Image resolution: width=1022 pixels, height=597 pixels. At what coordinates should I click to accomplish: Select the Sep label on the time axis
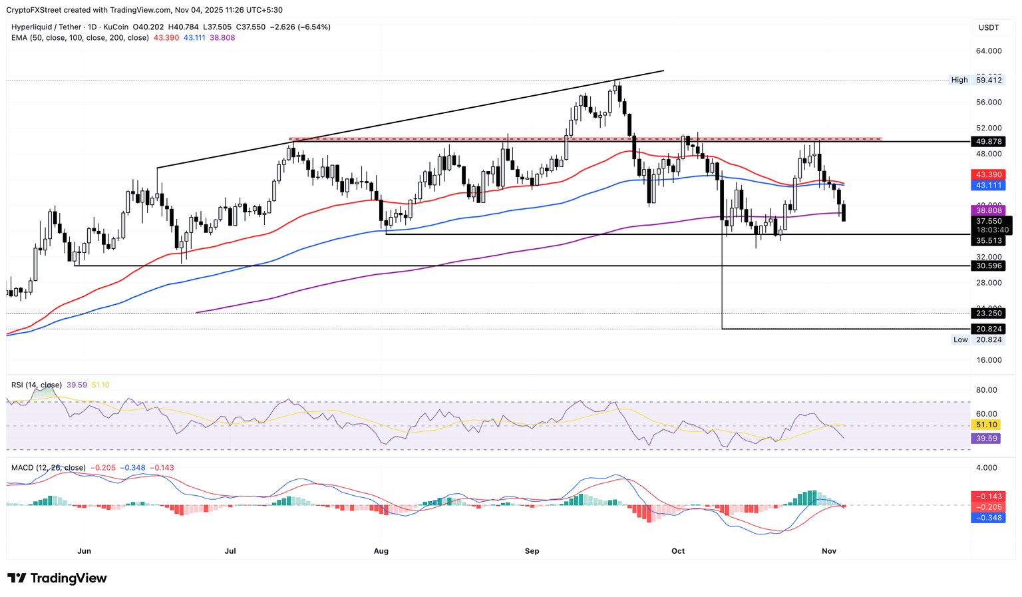click(x=532, y=551)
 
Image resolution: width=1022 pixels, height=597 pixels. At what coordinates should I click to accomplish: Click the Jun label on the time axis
click(x=84, y=551)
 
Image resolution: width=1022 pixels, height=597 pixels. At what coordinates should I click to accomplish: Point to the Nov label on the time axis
click(x=828, y=551)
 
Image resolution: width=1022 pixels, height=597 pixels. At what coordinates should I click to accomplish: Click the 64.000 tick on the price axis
click(x=989, y=51)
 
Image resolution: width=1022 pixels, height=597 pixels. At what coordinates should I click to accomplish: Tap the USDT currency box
click(x=989, y=27)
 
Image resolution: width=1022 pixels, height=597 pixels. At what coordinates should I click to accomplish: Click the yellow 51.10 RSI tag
click(x=986, y=425)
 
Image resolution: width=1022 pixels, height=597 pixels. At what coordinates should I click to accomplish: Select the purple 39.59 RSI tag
click(x=986, y=439)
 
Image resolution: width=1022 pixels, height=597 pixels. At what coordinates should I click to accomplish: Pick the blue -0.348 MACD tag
click(x=988, y=518)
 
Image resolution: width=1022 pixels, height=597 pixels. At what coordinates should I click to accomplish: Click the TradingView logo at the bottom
click(x=57, y=578)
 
